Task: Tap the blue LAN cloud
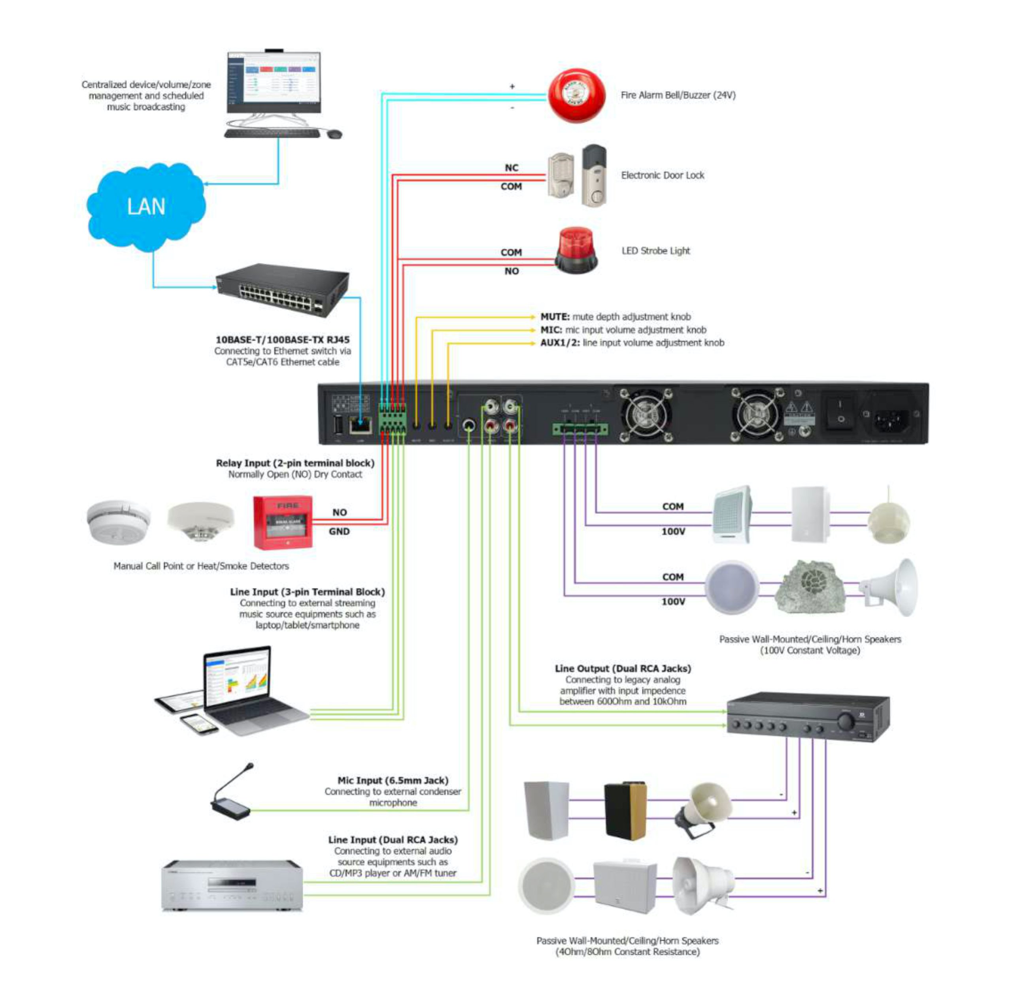(145, 206)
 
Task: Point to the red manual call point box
(283, 522)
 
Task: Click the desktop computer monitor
(274, 83)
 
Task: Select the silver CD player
(232, 885)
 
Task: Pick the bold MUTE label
(555, 317)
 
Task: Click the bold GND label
(339, 531)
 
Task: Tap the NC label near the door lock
(511, 168)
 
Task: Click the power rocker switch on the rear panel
(840, 413)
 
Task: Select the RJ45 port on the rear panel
(361, 424)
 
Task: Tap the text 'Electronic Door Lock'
(663, 175)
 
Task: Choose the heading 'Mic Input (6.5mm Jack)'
(393, 780)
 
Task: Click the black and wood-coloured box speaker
(625, 811)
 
